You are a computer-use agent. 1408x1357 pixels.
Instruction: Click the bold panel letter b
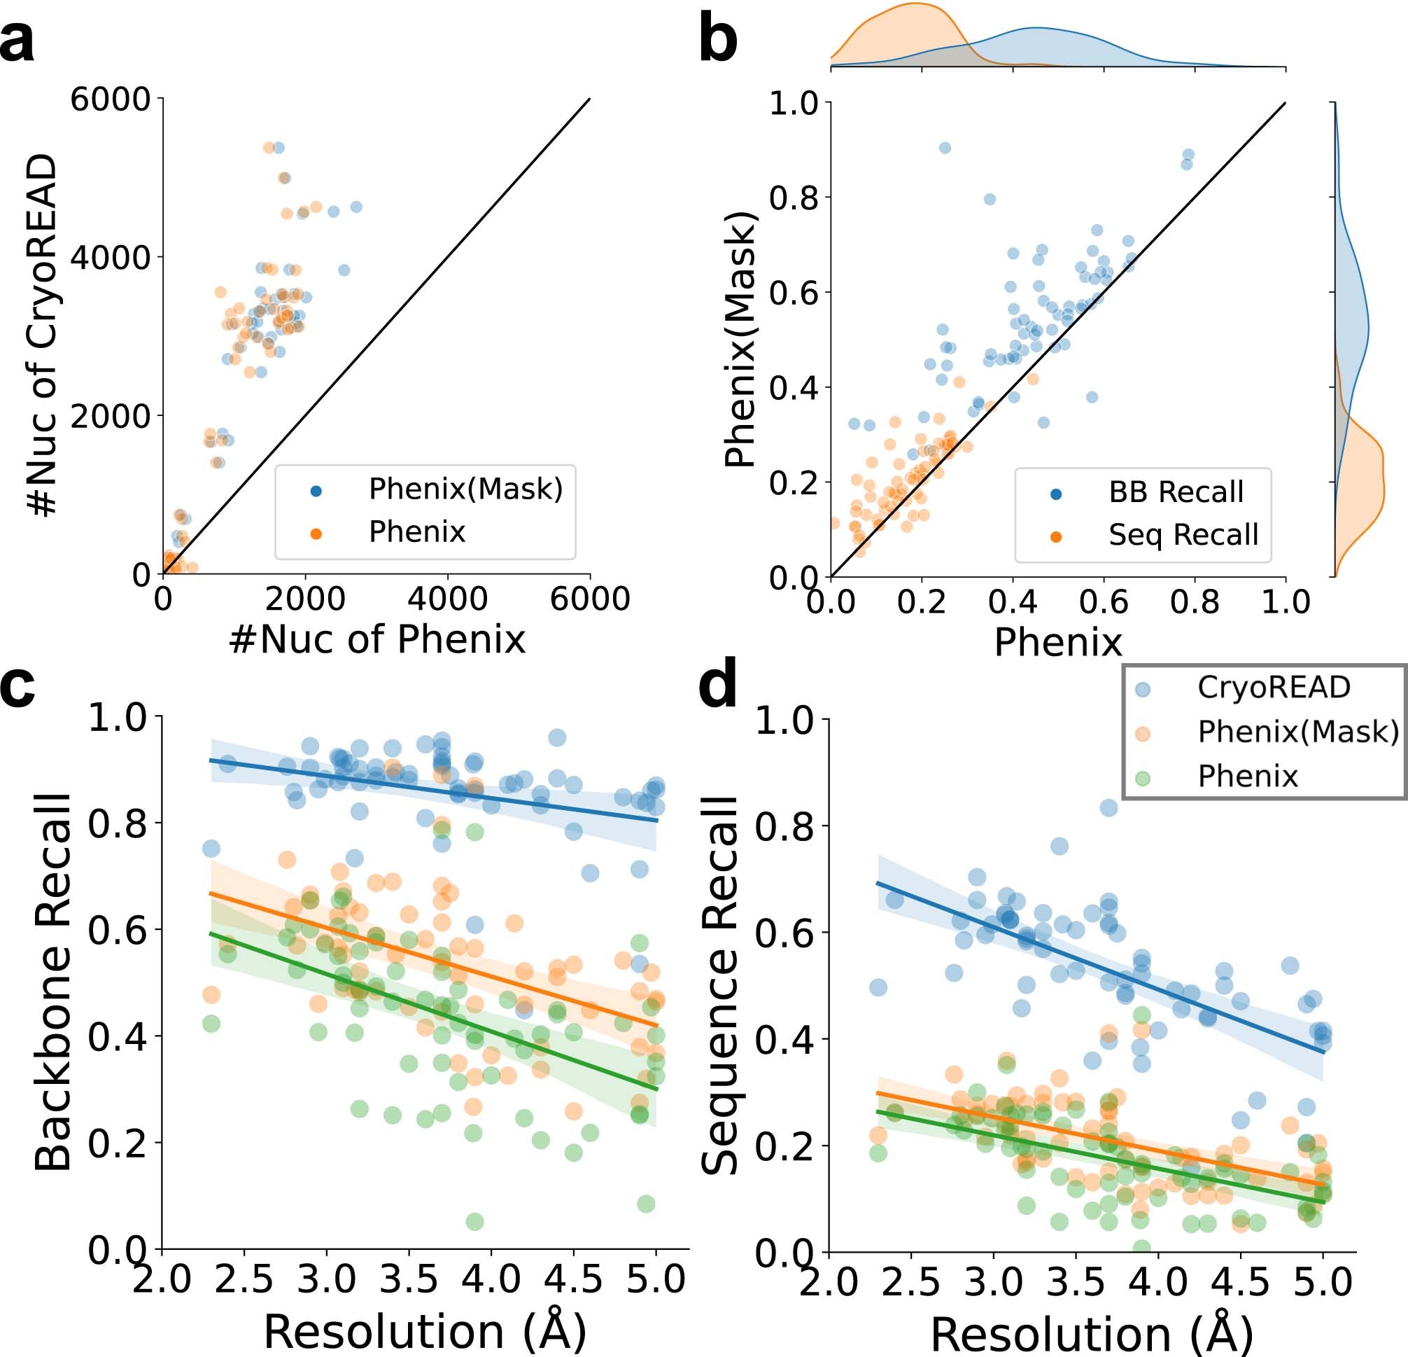click(718, 42)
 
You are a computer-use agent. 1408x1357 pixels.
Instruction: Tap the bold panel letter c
click(17, 686)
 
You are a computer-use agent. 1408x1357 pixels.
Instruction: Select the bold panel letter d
click(718, 686)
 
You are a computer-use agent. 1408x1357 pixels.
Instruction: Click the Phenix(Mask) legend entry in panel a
click(465, 489)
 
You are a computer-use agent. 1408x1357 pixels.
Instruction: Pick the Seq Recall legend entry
click(1183, 535)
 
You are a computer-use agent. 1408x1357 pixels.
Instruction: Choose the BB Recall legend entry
click(1175, 492)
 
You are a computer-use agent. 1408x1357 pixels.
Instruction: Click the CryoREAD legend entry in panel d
click(1273, 688)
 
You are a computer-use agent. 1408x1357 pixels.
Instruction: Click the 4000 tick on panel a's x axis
click(447, 599)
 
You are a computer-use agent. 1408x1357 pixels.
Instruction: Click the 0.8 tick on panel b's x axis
click(1194, 602)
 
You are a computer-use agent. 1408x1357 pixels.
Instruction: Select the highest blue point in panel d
click(1108, 808)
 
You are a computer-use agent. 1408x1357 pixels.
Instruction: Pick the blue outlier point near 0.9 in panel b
click(945, 148)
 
